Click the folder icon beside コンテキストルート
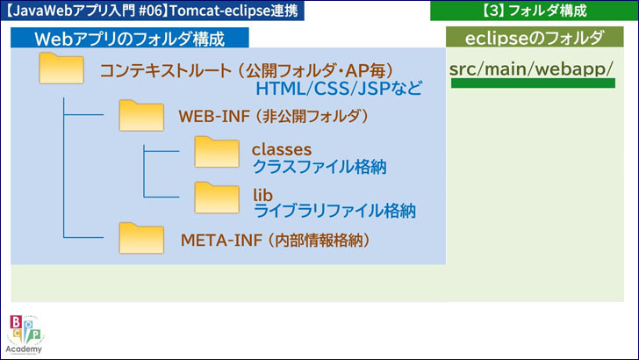click(x=61, y=70)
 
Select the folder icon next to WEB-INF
click(x=141, y=115)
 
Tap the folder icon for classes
click(x=216, y=154)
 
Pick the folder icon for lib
click(x=216, y=198)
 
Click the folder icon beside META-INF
click(x=141, y=238)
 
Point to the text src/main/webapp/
click(x=530, y=69)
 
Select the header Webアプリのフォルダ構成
click(x=129, y=39)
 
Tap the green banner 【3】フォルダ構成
click(x=534, y=11)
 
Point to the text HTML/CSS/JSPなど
click(x=339, y=90)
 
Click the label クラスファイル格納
click(x=319, y=167)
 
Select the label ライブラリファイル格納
click(x=334, y=211)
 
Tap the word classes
click(x=281, y=149)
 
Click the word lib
click(x=262, y=193)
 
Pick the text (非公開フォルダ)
click(x=307, y=116)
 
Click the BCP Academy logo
click(x=25, y=334)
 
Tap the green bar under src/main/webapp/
click(x=532, y=84)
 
